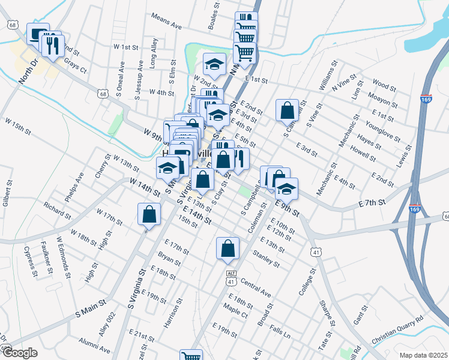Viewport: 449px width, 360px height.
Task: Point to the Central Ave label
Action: [256, 286]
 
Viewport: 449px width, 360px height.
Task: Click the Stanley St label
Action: [267, 259]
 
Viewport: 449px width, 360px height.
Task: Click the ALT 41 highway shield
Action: [231, 275]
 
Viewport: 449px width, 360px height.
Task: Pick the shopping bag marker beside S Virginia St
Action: [149, 215]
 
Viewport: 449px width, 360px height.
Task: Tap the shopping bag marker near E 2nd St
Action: [287, 110]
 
